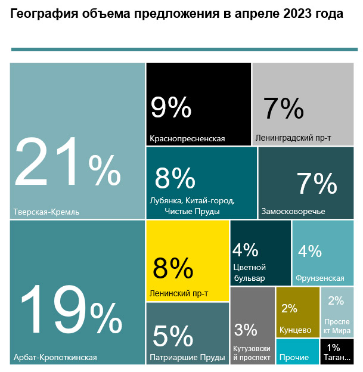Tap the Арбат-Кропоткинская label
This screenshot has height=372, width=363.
coord(55,358)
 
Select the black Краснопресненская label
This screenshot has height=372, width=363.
coord(187,139)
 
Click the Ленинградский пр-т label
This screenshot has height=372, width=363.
coord(293,138)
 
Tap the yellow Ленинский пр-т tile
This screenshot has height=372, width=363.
coord(187,261)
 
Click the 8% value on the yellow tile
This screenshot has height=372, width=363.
coord(173,268)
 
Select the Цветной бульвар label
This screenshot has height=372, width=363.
coord(249,272)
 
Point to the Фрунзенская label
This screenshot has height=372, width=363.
coord(319,278)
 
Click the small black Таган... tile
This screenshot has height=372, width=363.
coord(337,352)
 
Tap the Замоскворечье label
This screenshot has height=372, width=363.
coord(293,212)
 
